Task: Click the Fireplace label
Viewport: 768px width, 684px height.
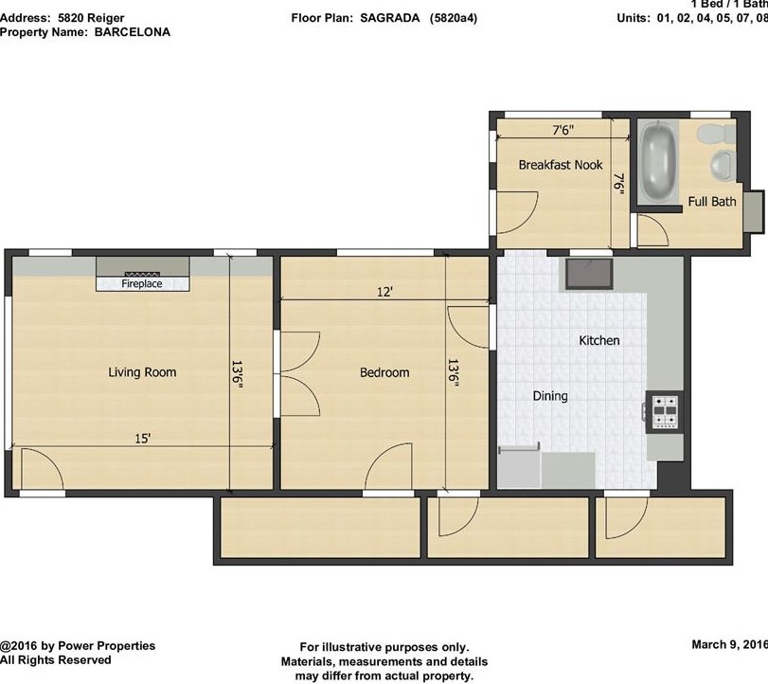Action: (x=141, y=283)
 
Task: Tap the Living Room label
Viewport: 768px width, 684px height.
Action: (x=142, y=372)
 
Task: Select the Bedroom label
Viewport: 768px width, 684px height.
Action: (x=384, y=372)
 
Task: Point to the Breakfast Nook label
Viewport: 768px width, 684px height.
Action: (x=561, y=165)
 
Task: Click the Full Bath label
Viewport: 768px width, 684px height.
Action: (x=711, y=201)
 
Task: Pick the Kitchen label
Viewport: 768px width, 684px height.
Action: (x=599, y=340)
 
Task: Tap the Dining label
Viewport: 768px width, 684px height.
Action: (x=549, y=396)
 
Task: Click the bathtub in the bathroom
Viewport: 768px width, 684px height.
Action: (x=657, y=160)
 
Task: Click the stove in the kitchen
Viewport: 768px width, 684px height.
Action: (x=663, y=409)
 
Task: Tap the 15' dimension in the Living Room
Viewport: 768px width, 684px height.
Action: (x=142, y=439)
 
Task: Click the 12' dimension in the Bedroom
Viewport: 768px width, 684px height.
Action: (x=384, y=293)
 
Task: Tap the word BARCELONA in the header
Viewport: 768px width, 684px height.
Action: (x=132, y=31)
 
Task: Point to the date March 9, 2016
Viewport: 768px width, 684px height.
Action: (x=728, y=645)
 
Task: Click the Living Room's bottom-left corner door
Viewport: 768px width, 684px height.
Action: (x=40, y=470)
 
